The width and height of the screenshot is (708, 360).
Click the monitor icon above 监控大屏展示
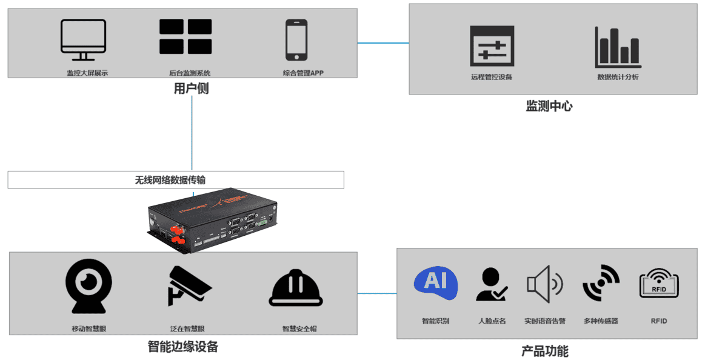pyautogui.click(x=83, y=40)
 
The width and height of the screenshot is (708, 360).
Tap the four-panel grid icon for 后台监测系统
pyautogui.click(x=185, y=37)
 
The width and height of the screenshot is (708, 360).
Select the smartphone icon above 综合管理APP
pyautogui.click(x=296, y=40)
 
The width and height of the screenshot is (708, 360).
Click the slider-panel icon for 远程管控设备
pyautogui.click(x=492, y=46)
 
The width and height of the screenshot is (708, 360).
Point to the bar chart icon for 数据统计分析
pyautogui.click(x=617, y=47)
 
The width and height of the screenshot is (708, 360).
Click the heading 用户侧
pyautogui.click(x=192, y=88)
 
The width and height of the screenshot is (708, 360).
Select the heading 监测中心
pyautogui.click(x=549, y=106)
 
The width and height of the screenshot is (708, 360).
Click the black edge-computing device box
pyautogui.click(x=212, y=218)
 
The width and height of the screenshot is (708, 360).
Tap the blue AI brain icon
pyautogui.click(x=435, y=283)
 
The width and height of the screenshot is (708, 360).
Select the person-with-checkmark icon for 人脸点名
pyautogui.click(x=491, y=285)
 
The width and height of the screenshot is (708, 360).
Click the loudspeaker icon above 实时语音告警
pyautogui.click(x=544, y=284)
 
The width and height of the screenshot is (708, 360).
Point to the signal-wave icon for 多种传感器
pyautogui.click(x=600, y=283)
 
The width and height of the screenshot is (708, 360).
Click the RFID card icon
pyautogui.click(x=658, y=284)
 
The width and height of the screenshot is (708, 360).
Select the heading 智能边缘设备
pyautogui.click(x=183, y=347)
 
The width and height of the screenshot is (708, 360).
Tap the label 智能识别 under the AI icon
pyautogui.click(x=435, y=321)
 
